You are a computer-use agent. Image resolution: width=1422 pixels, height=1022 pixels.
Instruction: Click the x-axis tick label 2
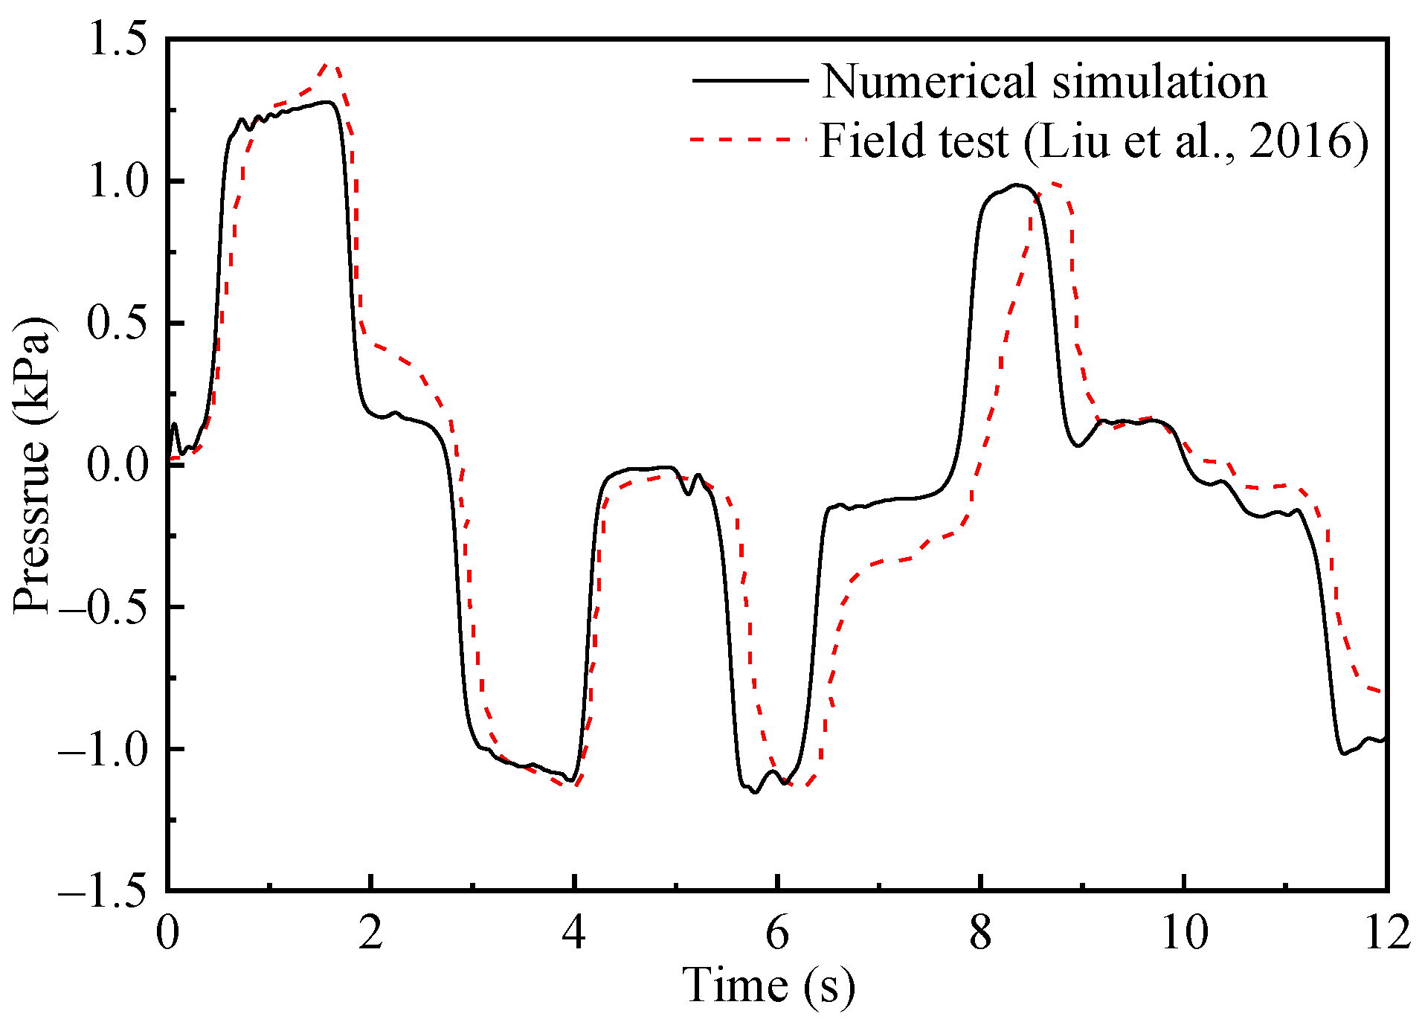tap(371, 932)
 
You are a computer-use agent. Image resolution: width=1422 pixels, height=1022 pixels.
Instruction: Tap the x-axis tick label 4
tap(574, 932)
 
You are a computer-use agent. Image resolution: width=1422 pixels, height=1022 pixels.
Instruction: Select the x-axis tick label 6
tap(777, 932)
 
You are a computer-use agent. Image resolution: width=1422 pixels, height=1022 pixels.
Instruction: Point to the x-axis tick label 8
tap(980, 932)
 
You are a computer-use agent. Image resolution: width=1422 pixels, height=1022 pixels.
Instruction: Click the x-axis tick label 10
tap(1184, 932)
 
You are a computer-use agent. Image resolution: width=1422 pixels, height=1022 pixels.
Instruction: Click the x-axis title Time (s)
tap(769, 986)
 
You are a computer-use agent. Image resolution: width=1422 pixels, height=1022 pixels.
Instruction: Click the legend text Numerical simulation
tap(1043, 81)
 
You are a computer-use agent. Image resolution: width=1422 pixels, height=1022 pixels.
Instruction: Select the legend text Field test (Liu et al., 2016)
tap(1093, 141)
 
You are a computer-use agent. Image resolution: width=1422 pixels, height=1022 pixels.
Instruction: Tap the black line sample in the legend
tap(750, 80)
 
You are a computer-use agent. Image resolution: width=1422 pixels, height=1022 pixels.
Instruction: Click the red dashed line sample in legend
tap(750, 139)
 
